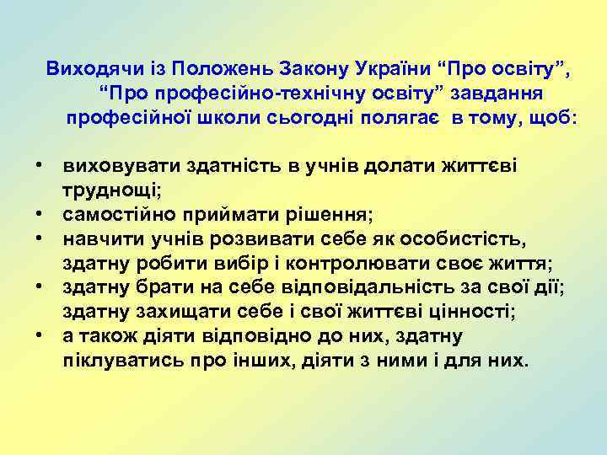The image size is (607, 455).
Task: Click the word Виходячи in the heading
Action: pos(89,68)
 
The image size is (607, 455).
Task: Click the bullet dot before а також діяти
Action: pos(40,336)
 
